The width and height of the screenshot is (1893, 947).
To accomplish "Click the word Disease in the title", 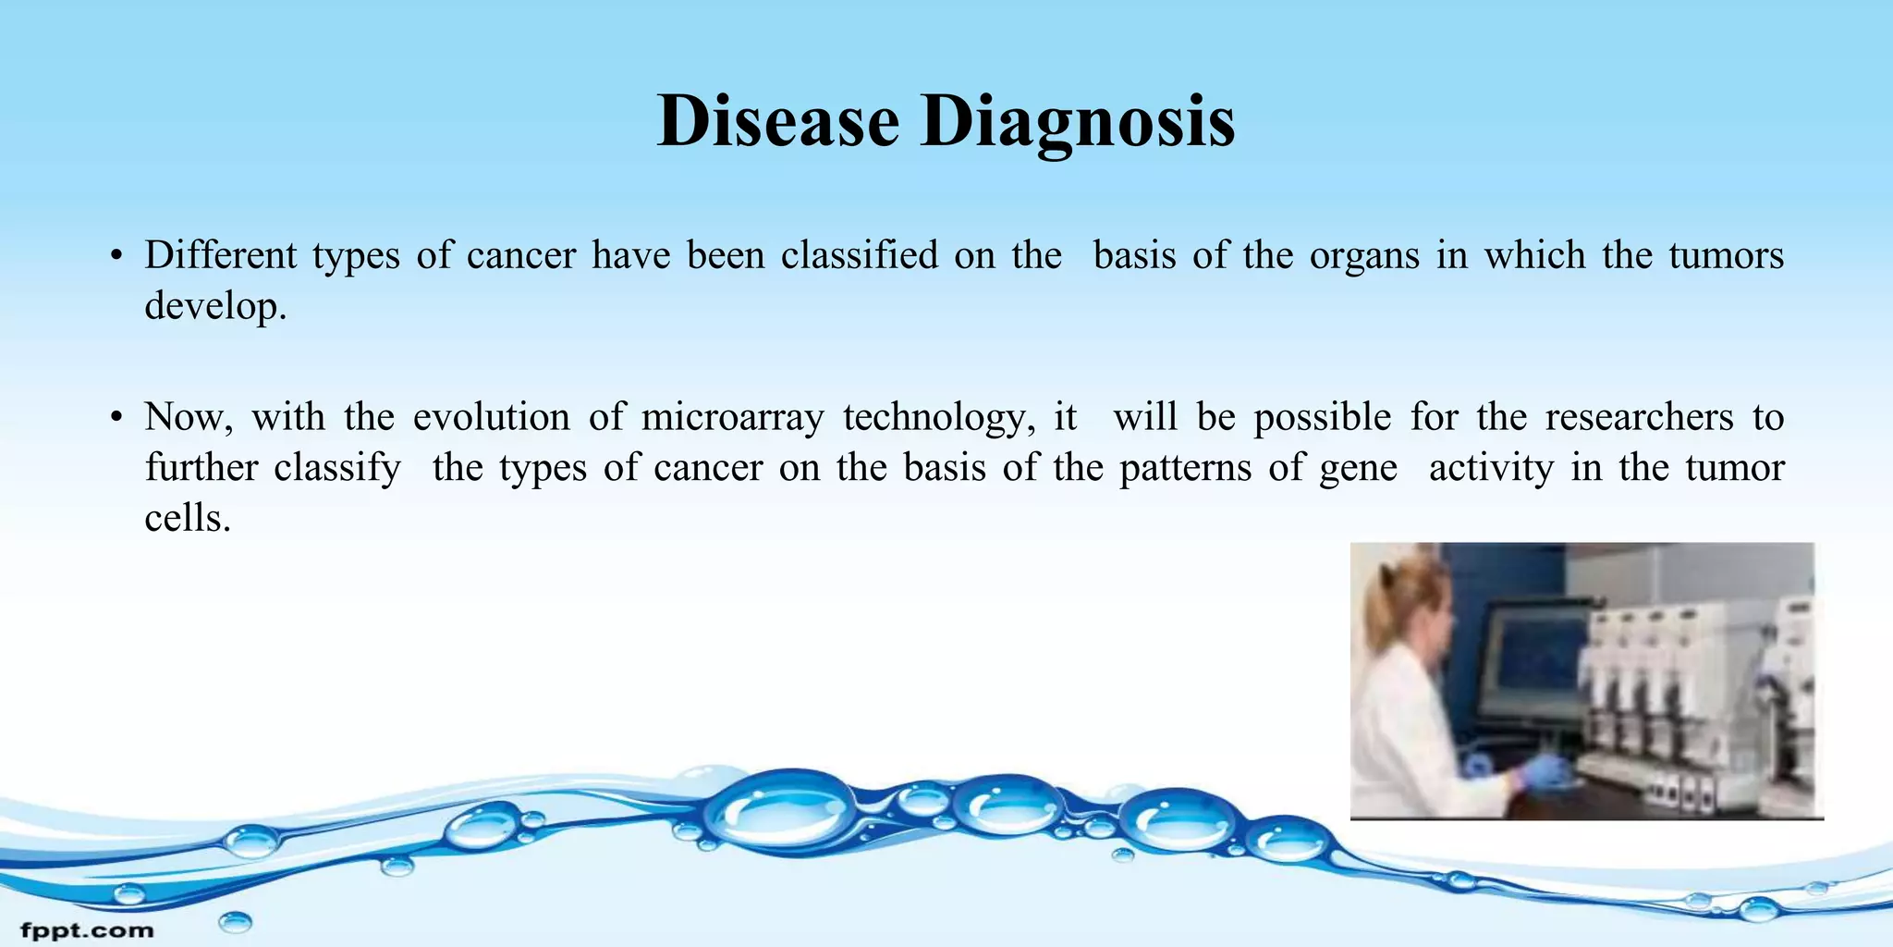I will (x=777, y=121).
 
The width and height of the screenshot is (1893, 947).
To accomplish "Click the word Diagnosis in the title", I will (x=1077, y=123).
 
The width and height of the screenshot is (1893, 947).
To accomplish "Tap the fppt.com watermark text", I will (x=87, y=929).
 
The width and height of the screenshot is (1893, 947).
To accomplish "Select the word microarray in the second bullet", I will (x=732, y=417).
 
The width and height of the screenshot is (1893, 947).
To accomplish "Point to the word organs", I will (x=1363, y=256).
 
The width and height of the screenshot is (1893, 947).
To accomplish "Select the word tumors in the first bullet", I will (x=1726, y=255).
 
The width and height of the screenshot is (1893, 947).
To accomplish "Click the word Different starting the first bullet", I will (x=220, y=255).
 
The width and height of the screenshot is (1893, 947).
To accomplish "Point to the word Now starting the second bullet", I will (x=188, y=417).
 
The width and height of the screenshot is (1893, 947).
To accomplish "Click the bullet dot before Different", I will (x=116, y=257).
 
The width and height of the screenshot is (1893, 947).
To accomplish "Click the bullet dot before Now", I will (x=116, y=419).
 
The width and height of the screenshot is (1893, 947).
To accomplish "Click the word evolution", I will (x=491, y=417).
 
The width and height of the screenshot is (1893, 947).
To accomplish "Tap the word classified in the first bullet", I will (x=859, y=255).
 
